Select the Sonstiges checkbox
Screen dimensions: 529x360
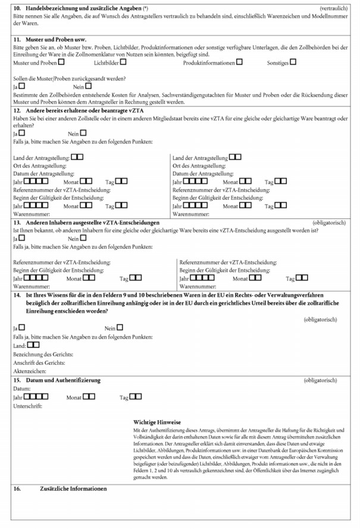coord(292,61)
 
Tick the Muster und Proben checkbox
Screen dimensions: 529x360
coord(62,61)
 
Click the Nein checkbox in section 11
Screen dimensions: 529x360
coord(89,86)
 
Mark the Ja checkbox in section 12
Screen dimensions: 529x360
coord(22,133)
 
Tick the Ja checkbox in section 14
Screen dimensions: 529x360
coord(22,327)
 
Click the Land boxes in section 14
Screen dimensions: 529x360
coord(33,345)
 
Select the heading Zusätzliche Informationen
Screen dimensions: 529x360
coord(73,489)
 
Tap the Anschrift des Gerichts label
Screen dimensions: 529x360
coord(39,362)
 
